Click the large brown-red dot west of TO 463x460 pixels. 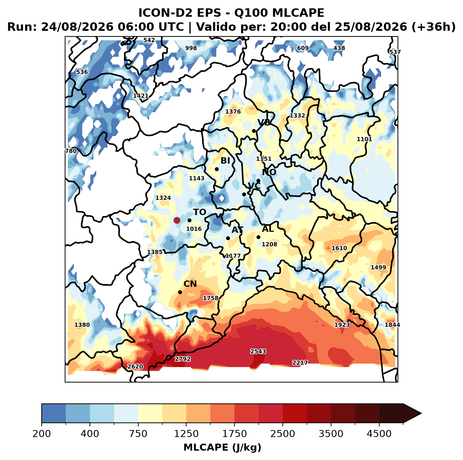pos(177,220)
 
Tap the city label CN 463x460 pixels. pos(190,284)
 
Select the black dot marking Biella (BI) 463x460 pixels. pos(217,169)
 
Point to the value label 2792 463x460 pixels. pos(183,359)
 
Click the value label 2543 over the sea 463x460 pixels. pos(258,351)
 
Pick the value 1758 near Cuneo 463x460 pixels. pos(210,298)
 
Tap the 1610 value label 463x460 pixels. pos(339,248)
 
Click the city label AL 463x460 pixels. pos(268,229)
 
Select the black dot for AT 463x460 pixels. pos(228,238)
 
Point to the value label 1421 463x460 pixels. pos(141,96)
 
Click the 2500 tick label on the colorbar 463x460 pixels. pos(282,434)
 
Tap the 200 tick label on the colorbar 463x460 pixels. pos(42,434)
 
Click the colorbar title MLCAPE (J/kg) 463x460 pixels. pos(222,447)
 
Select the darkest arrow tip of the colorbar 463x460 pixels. pos(421,414)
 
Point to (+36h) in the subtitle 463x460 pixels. pos(434,27)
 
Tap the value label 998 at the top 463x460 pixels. pos(191,48)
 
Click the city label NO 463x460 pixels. pos(269,172)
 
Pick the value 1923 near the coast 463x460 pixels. pos(342,325)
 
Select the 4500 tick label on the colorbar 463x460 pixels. pos(379,434)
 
